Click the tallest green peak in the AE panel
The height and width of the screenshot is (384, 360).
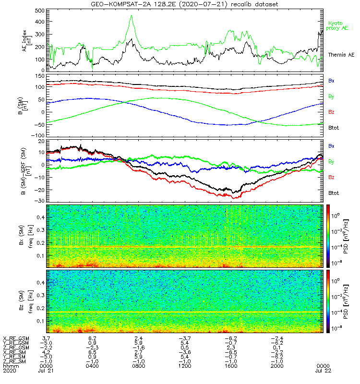131,16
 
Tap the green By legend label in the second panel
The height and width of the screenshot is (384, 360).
332,96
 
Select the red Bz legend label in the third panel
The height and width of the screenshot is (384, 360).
332,178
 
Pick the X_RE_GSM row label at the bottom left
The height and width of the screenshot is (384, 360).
16,338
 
